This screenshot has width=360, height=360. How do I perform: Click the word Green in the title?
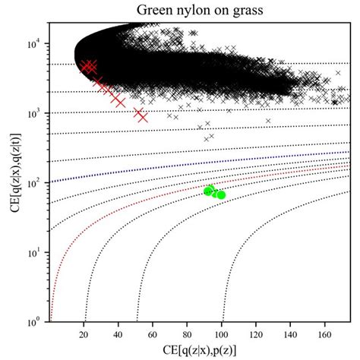156,10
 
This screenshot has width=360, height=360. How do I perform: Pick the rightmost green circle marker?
221,194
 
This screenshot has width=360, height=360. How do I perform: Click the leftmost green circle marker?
208,191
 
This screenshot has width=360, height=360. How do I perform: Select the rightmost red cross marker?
141,115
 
